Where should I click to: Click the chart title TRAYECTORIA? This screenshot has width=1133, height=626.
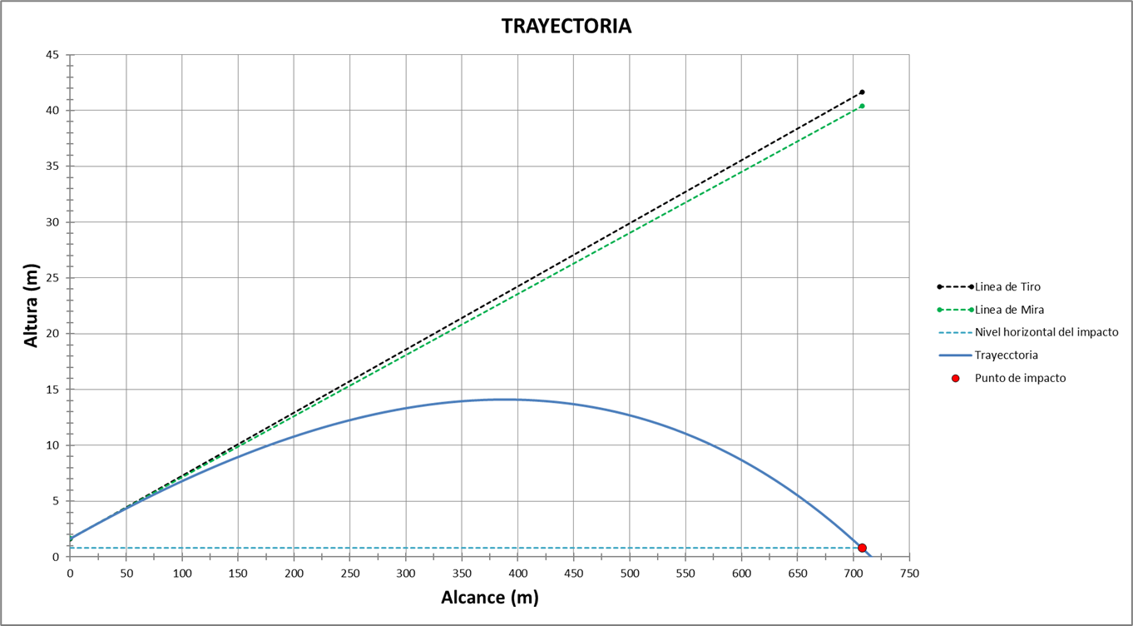tap(566, 27)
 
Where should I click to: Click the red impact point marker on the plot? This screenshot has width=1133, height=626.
tap(862, 548)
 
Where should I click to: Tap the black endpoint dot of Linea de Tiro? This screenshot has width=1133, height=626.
tap(862, 92)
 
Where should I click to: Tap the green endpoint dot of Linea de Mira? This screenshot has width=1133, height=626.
tap(862, 106)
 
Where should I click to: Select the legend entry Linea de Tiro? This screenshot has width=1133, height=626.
tap(1007, 286)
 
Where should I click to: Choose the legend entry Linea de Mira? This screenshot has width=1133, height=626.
tap(1009, 310)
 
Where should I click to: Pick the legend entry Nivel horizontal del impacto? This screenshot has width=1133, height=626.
tap(1046, 332)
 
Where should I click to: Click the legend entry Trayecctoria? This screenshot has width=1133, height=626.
tap(1006, 355)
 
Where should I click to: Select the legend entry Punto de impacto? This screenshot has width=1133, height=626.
tap(1020, 378)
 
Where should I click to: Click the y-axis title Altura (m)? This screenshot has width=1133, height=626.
tap(32, 306)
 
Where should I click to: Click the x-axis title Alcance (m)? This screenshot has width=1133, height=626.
tap(489, 598)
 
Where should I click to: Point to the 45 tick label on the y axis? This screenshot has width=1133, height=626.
tap(52, 55)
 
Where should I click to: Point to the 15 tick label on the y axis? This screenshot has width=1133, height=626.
tap(52, 390)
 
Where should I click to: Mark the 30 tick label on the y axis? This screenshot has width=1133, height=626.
tap(52, 222)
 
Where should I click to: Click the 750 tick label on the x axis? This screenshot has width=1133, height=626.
tap(909, 574)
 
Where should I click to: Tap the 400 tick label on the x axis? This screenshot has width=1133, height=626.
tap(517, 574)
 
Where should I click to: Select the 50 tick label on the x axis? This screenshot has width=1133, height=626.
tap(126, 574)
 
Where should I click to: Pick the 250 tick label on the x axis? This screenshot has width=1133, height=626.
tap(349, 574)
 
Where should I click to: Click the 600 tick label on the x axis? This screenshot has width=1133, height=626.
tap(741, 574)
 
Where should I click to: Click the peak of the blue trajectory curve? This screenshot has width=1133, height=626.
tap(503, 400)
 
